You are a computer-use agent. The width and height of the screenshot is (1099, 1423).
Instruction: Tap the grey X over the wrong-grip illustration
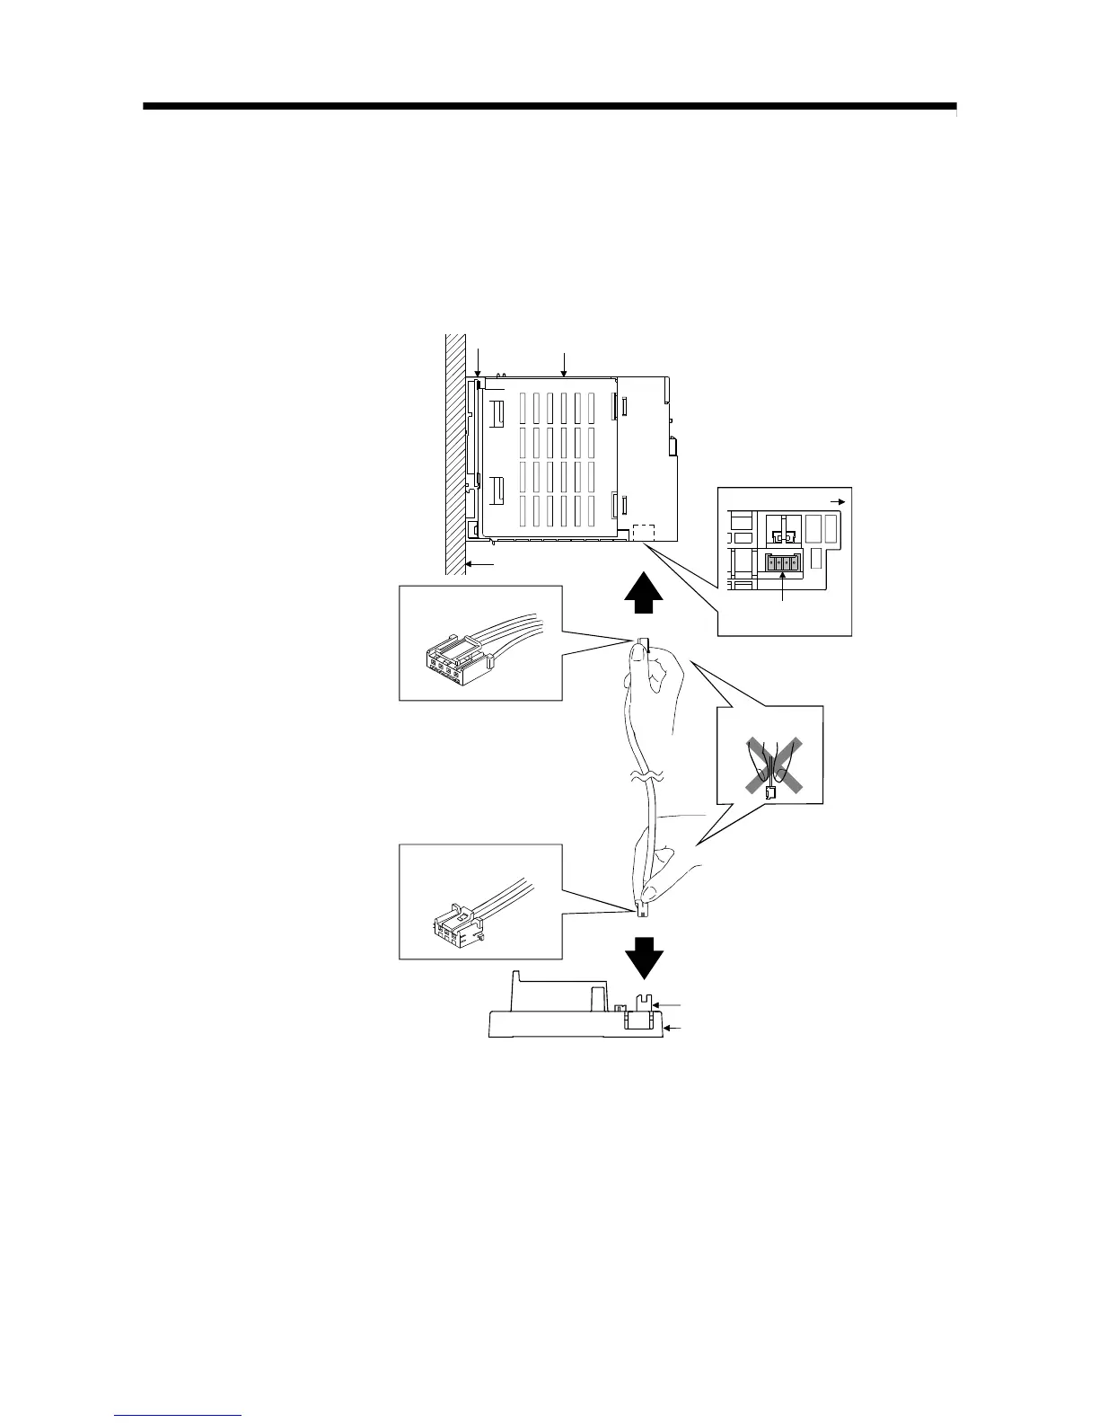[x=771, y=766]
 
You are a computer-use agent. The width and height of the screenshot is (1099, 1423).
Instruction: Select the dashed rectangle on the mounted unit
[x=645, y=532]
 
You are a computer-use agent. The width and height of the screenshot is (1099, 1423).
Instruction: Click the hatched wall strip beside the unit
[x=456, y=449]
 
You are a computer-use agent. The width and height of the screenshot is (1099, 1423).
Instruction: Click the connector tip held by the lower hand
[x=643, y=910]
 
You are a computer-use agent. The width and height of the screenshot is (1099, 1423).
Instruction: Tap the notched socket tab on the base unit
[x=643, y=1002]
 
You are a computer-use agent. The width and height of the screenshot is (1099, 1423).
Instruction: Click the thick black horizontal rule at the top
[x=549, y=107]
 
